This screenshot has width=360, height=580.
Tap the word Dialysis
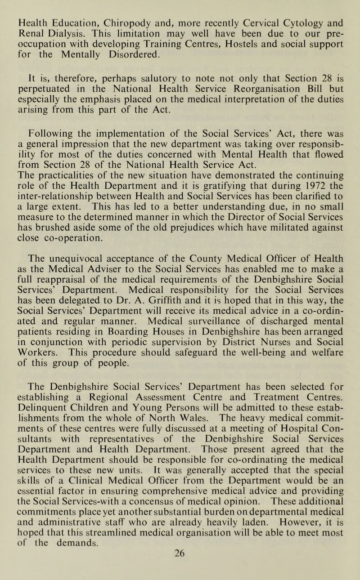[x=51, y=21]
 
